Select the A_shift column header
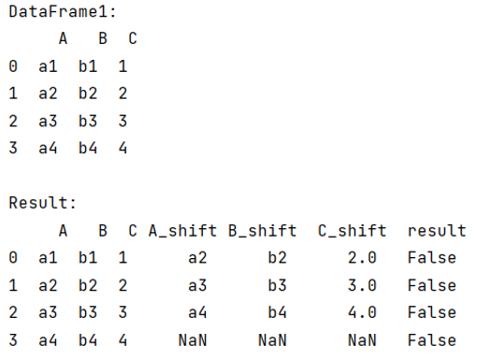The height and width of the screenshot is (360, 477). pos(181,230)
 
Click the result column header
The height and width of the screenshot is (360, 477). pos(436,230)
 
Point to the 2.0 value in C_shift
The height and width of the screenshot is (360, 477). pos(363,257)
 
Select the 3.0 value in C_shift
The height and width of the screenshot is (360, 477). pos(363,285)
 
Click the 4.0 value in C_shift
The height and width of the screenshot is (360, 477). pos(363,312)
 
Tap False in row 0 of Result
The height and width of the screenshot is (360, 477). pos(431,257)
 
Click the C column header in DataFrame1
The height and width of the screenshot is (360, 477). pos(132,38)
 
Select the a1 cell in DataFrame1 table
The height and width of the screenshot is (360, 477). pos(49,66)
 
